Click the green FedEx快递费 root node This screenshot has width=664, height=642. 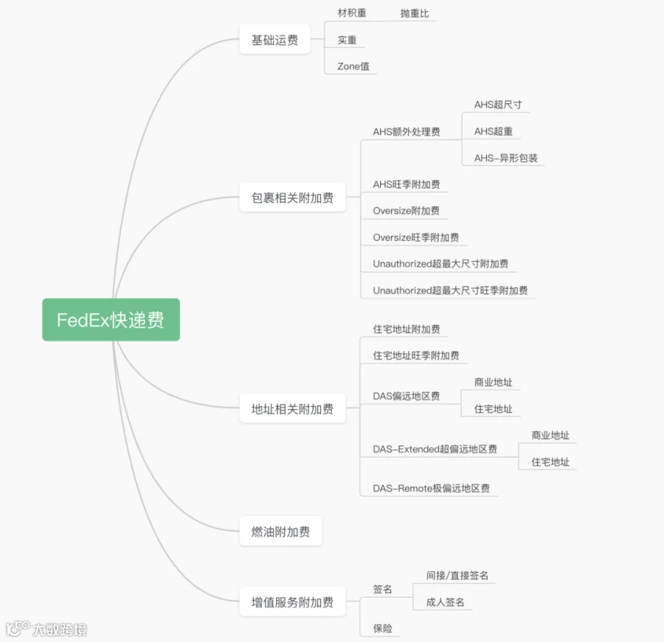click(111, 320)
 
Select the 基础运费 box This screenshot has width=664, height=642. click(274, 40)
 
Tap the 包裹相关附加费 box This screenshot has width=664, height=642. click(292, 198)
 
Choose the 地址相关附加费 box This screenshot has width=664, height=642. click(292, 409)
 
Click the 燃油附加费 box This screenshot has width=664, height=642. click(280, 531)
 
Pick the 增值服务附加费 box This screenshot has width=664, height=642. click(292, 602)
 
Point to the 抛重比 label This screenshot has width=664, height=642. click(415, 13)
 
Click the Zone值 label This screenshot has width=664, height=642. click(353, 66)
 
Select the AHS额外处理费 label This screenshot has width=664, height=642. click(407, 132)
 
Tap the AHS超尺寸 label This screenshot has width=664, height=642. click(498, 105)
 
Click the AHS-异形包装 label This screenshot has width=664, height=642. click(506, 158)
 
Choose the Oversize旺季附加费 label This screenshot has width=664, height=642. click(416, 237)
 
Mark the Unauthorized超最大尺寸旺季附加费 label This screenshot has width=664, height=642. click(450, 290)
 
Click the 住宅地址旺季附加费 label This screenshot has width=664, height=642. click(416, 355)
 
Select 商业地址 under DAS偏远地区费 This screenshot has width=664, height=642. click(494, 383)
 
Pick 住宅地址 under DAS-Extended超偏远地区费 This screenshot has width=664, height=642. click(550, 462)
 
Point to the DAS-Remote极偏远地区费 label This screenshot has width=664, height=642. click(432, 488)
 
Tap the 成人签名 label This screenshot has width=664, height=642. click(446, 602)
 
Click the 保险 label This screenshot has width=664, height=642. click(383, 629)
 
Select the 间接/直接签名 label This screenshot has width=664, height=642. click(457, 575)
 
